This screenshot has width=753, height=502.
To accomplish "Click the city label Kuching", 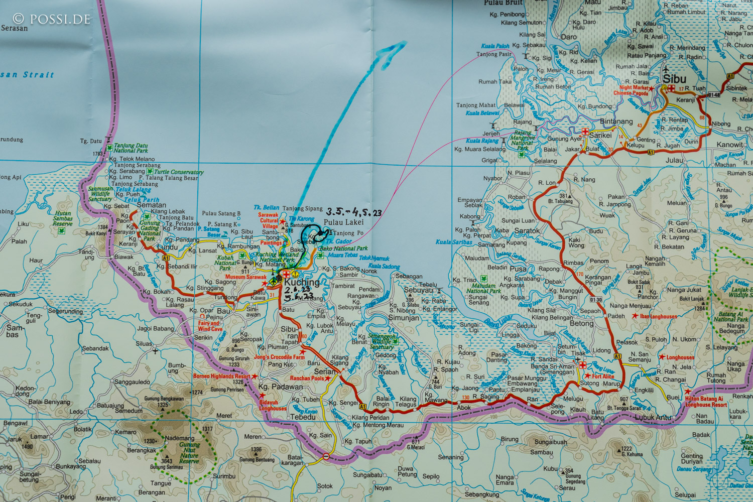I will point(302,283).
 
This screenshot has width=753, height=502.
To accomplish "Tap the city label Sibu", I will point(674,79).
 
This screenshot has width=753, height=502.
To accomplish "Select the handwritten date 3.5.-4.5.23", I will point(353,212).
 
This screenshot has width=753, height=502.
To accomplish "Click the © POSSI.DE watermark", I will point(52,19).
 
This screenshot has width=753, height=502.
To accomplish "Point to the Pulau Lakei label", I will point(343,222).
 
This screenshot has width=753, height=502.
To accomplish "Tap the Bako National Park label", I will point(343,248).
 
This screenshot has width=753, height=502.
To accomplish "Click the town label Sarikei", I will point(600,136).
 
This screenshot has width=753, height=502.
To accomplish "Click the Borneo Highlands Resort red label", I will point(221,376).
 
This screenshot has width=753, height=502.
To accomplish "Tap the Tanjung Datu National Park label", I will point(131,148).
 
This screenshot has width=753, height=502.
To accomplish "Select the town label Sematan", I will point(151,205).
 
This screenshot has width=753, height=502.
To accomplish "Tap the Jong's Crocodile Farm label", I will point(279,357).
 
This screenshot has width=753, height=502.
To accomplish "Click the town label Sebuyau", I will point(418,290).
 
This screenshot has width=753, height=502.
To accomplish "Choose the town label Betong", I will point(582,323).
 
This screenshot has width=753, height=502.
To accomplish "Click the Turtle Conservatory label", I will point(179,172).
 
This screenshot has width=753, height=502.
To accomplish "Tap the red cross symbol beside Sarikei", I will point(585,132).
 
